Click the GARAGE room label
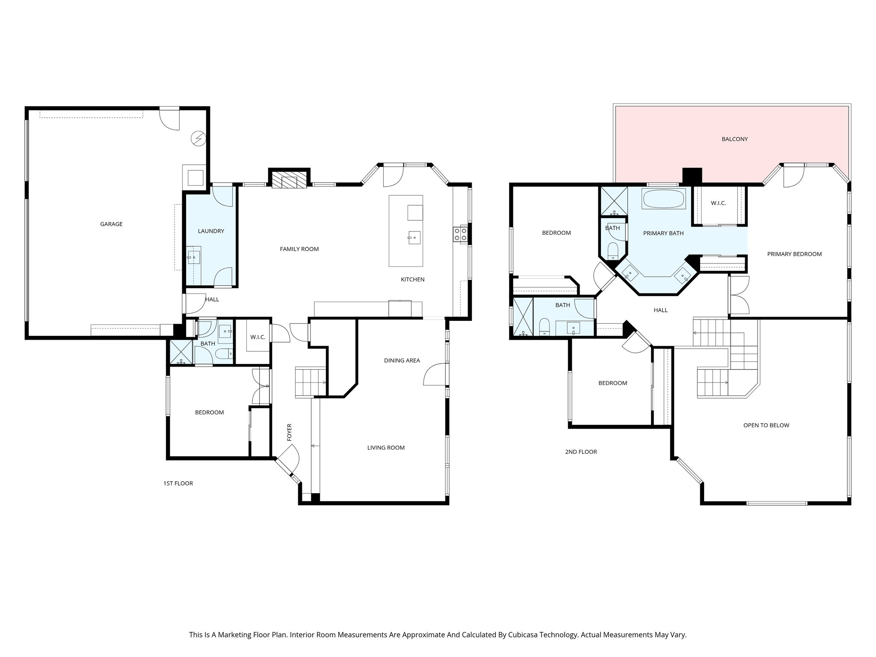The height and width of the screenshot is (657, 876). click(111, 224)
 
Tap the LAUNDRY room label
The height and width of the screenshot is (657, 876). click(211, 231)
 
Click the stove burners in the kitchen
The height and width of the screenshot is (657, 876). click(460, 234)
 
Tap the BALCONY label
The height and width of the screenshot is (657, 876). click(734, 139)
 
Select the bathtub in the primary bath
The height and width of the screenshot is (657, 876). click(663, 199)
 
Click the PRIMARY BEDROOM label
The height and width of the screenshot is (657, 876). click(794, 254)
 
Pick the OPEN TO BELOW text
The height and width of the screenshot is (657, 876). click(766, 425)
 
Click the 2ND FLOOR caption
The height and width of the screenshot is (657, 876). click(580, 452)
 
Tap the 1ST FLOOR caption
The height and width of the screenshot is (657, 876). click(178, 483)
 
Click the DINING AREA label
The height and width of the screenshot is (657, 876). click(402, 361)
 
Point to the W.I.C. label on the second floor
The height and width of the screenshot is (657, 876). click(718, 203)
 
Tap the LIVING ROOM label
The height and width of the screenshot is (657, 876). click(386, 448)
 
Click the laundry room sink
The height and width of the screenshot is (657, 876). click(194, 257)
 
